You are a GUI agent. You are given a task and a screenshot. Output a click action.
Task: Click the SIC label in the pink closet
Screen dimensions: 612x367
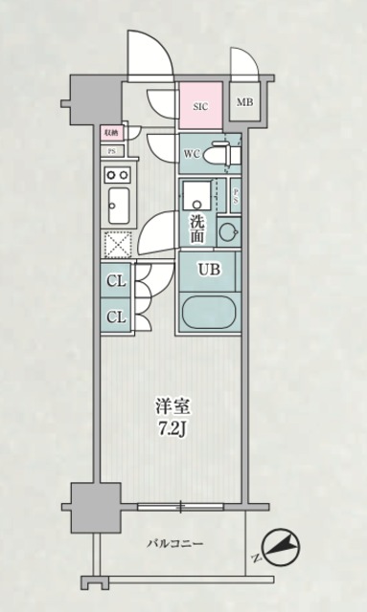tap(201, 107)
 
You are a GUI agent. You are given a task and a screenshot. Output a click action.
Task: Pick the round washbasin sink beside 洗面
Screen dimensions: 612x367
tap(229, 230)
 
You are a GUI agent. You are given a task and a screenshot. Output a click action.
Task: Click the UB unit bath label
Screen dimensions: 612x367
tap(209, 270)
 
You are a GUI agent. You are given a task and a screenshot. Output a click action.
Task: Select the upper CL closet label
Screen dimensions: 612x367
tap(115, 281)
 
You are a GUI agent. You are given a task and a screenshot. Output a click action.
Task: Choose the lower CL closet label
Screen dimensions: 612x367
tap(115, 317)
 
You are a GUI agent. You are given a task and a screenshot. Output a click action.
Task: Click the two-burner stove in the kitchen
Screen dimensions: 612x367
tap(119, 174)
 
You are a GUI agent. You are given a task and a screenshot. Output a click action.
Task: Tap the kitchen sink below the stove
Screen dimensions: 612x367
tap(119, 204)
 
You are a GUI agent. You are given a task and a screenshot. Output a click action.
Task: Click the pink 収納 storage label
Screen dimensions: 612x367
tap(111, 132)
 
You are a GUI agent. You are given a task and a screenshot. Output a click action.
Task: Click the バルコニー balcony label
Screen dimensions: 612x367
tap(173, 543)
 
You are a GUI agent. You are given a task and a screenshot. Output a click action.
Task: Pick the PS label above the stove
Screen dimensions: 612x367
tap(111, 150)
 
